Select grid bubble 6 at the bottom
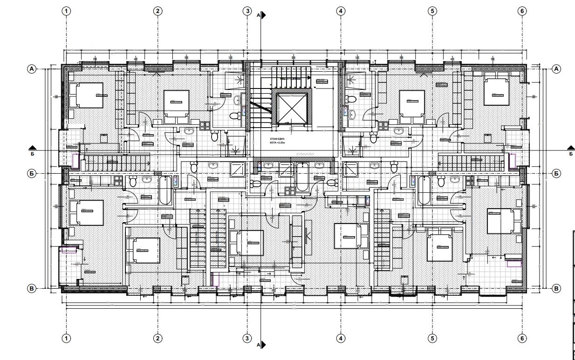(521, 338)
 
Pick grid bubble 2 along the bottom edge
(158, 338)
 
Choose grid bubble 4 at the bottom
(341, 338)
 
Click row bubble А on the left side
(32, 68)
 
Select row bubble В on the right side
(556, 289)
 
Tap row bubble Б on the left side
(32, 173)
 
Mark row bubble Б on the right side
(556, 173)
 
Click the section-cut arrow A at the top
(263, 15)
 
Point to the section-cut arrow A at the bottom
(263, 345)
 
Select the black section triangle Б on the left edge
(32, 147)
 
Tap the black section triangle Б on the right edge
(569, 147)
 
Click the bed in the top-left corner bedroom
(86, 95)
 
